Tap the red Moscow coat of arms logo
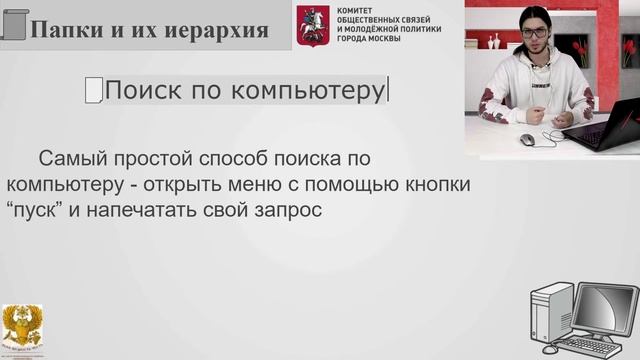coord(312,24)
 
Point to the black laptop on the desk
coord(607,124)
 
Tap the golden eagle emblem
coord(22,328)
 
